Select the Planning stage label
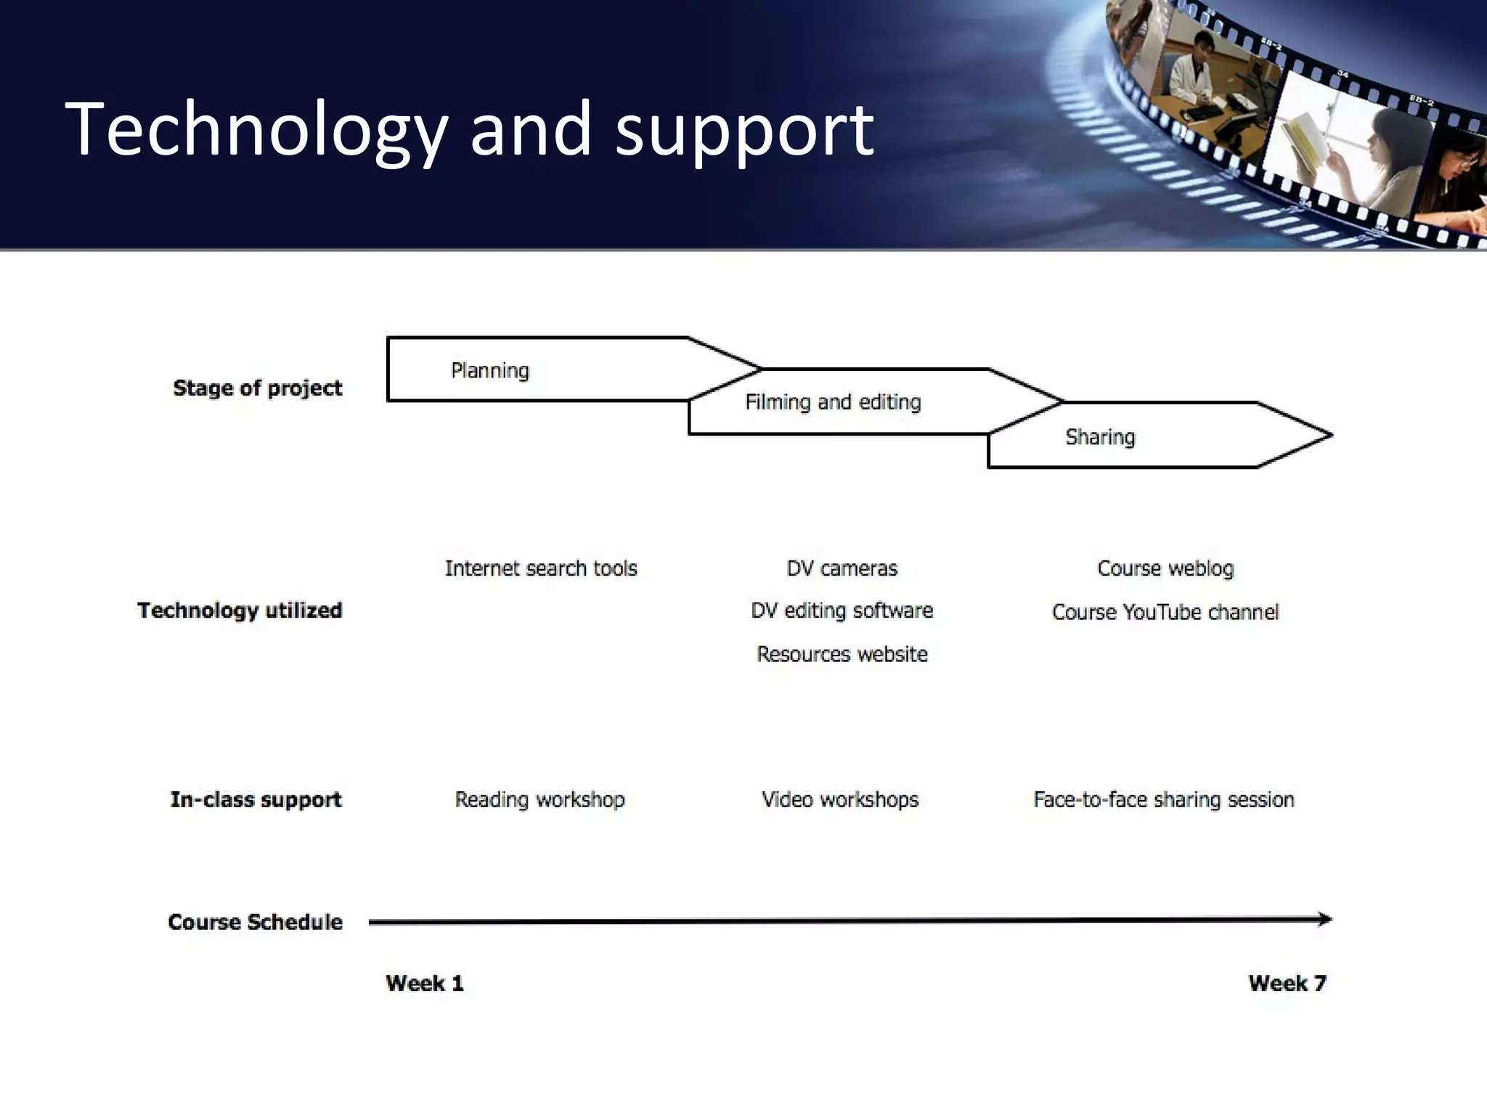point(490,371)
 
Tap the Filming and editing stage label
point(833,402)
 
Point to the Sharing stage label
point(1099,437)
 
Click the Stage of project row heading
point(257,388)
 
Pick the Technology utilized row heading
point(240,610)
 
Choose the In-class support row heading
point(256,799)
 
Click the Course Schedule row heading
point(255,922)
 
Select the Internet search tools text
point(541,568)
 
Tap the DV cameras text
point(842,568)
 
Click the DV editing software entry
point(842,610)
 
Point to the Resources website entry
point(842,654)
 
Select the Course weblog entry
point(1165,568)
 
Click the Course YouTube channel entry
point(1165,612)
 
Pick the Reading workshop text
point(539,799)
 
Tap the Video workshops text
point(840,799)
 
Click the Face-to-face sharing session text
point(1163,799)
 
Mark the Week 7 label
point(1287,983)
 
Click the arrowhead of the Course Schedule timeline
point(1325,919)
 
